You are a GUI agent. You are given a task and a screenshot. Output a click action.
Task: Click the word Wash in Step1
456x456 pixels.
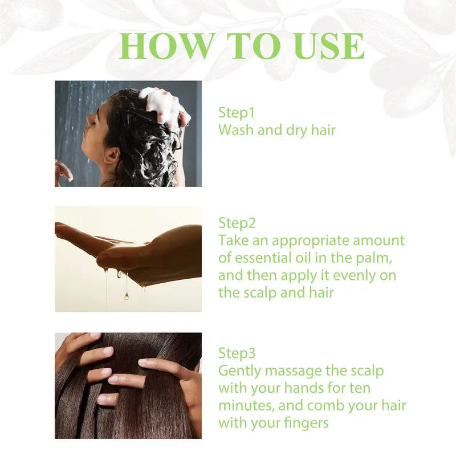tap(236, 130)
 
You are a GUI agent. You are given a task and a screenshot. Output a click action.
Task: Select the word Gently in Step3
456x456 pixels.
tap(238, 372)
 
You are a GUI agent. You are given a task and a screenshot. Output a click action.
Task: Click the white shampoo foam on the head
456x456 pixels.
tap(162, 105)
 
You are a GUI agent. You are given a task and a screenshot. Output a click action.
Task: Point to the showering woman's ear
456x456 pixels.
tap(112, 154)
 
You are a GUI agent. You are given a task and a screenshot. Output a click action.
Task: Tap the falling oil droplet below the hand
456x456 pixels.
tap(126, 295)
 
